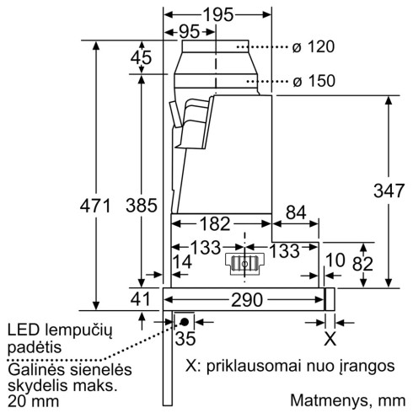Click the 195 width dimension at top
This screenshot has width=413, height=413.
(x=218, y=17)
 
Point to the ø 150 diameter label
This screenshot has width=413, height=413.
(x=314, y=81)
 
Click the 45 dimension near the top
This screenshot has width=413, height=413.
(x=142, y=58)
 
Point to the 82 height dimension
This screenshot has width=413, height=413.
(x=363, y=265)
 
